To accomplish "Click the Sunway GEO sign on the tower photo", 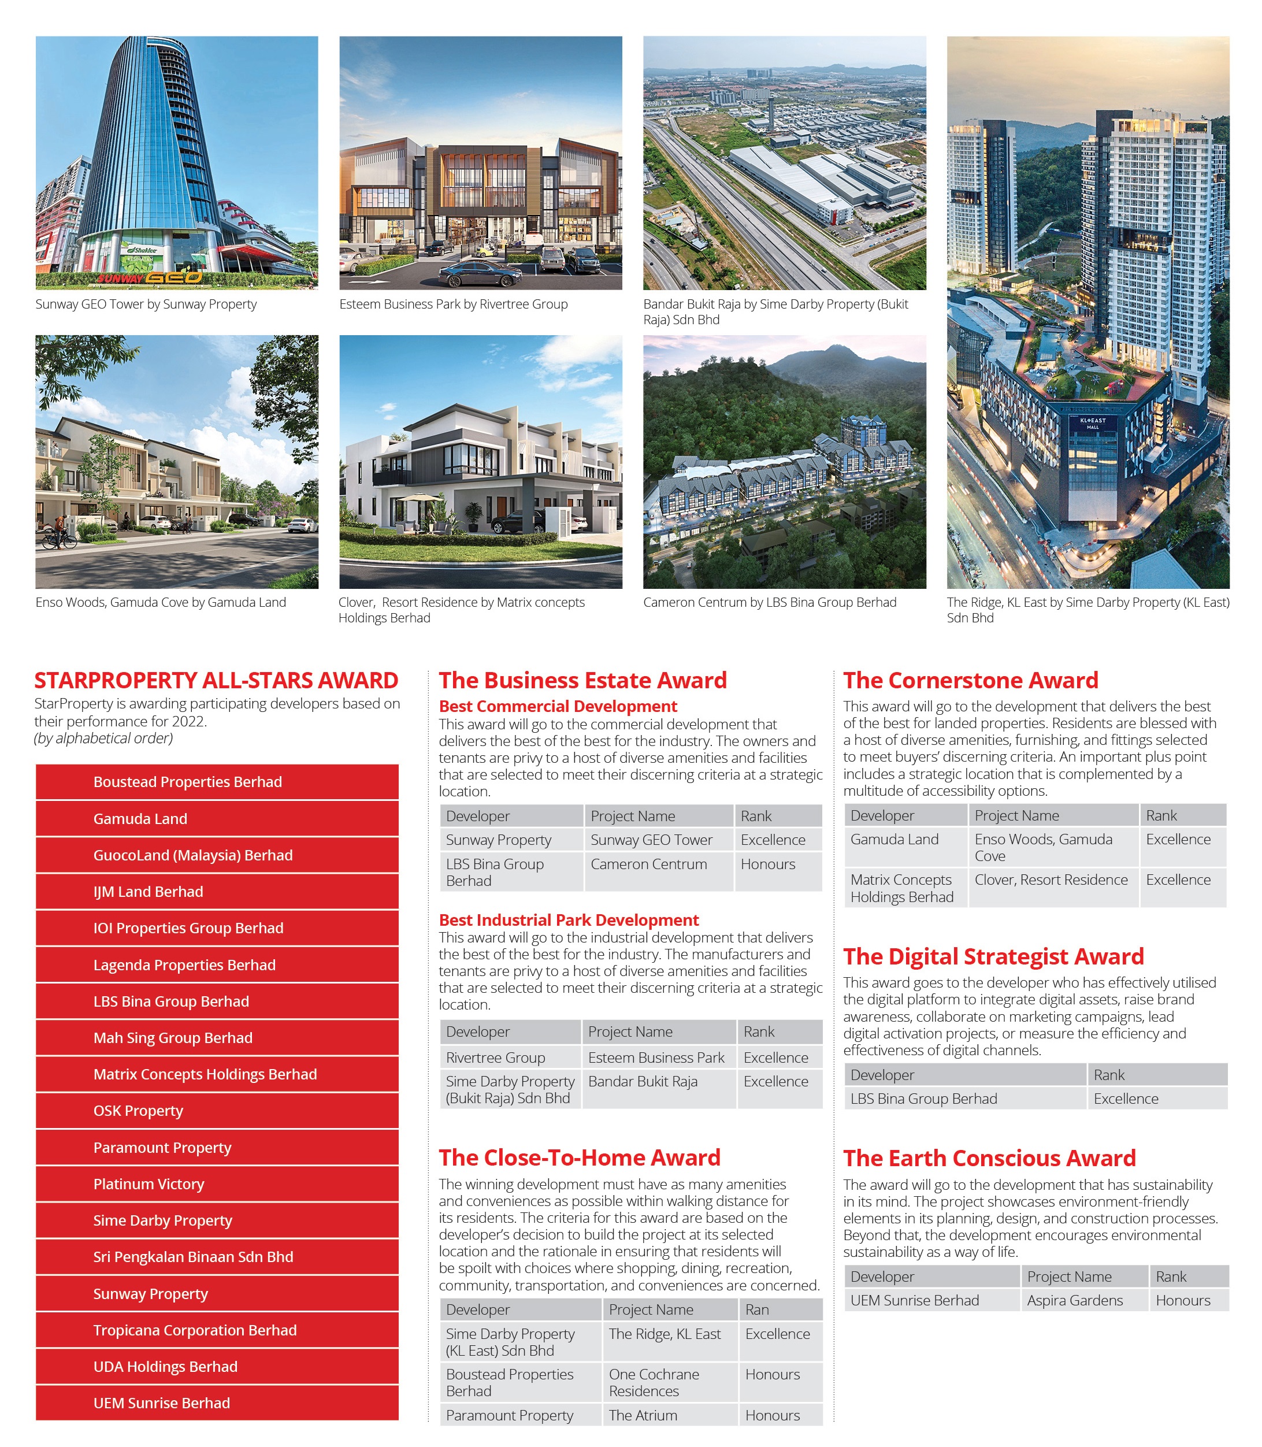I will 151,277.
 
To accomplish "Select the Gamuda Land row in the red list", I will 217,819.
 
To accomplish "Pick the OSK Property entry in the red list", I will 217,1111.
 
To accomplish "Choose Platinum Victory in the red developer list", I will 217,1183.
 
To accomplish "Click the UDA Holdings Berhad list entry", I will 217,1366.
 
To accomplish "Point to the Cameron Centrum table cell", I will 648,864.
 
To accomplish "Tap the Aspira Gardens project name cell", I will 1075,1300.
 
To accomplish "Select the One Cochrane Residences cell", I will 654,1382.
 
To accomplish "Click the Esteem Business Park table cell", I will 656,1057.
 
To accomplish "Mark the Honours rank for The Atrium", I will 773,1415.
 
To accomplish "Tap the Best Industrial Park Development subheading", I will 569,919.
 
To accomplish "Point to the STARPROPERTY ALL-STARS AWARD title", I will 216,680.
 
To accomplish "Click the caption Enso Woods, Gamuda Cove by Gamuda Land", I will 161,602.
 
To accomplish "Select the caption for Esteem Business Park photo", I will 454,304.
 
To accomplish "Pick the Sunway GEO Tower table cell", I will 651,839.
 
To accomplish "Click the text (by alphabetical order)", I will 103,738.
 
